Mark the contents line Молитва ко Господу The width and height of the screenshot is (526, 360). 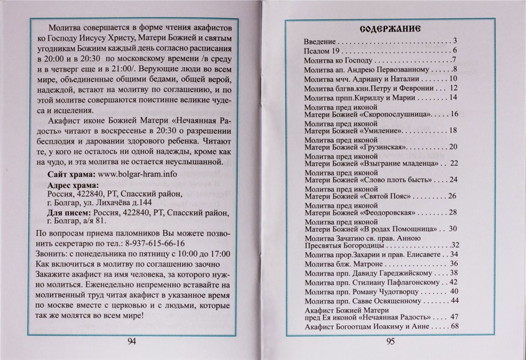[x=340, y=60]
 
